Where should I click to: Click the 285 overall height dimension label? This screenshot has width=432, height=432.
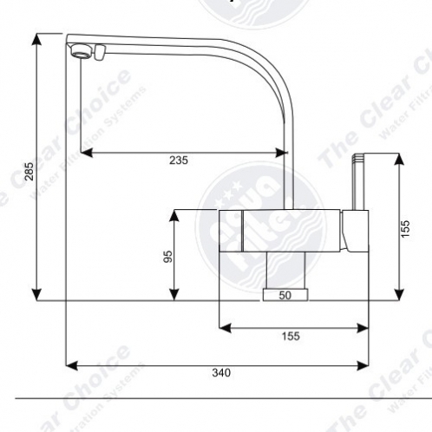(x=29, y=172)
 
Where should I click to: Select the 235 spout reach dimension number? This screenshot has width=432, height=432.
(x=179, y=160)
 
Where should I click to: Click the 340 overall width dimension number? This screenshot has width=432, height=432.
(x=221, y=373)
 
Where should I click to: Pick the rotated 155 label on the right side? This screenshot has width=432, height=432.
(x=405, y=227)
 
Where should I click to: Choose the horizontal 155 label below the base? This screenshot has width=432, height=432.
(x=291, y=337)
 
